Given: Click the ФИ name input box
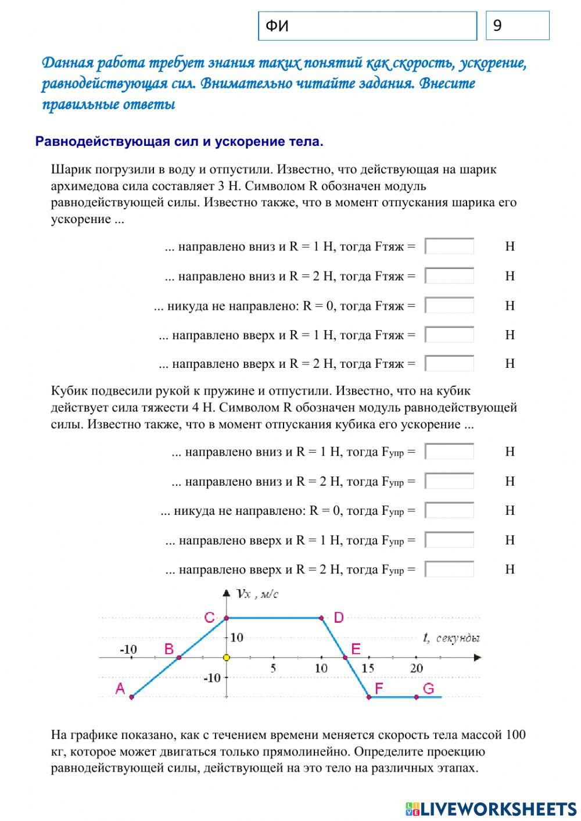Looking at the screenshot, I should pos(367,26).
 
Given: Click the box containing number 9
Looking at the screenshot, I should pos(517,26).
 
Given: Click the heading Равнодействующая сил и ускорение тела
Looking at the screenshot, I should pos(179,142).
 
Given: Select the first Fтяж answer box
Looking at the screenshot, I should pos(449,246).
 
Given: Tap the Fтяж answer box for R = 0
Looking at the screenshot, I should pos(449,306).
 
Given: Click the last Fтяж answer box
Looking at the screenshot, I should pos(449,364).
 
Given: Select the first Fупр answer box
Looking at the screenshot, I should pos(449,451).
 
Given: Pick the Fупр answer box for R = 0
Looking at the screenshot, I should pos(449,511).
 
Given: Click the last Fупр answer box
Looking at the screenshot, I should pos(449,569).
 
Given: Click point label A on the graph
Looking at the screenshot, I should pos(120,689).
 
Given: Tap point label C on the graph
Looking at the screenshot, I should pos(210,618).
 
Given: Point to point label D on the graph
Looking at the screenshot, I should pos(339,618).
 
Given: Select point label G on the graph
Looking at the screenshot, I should pos(428,689).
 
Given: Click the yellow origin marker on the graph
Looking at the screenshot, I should pos(227,658).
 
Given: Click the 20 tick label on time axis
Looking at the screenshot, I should pos(416,668).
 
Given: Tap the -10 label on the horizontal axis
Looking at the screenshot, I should pos(128,649).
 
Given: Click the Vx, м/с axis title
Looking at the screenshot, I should pos(258,594).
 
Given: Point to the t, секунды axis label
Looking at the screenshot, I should pos(451,638).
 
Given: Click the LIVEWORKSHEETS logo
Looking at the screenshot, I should pos(491,808).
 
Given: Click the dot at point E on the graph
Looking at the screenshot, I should pos(345,658).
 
